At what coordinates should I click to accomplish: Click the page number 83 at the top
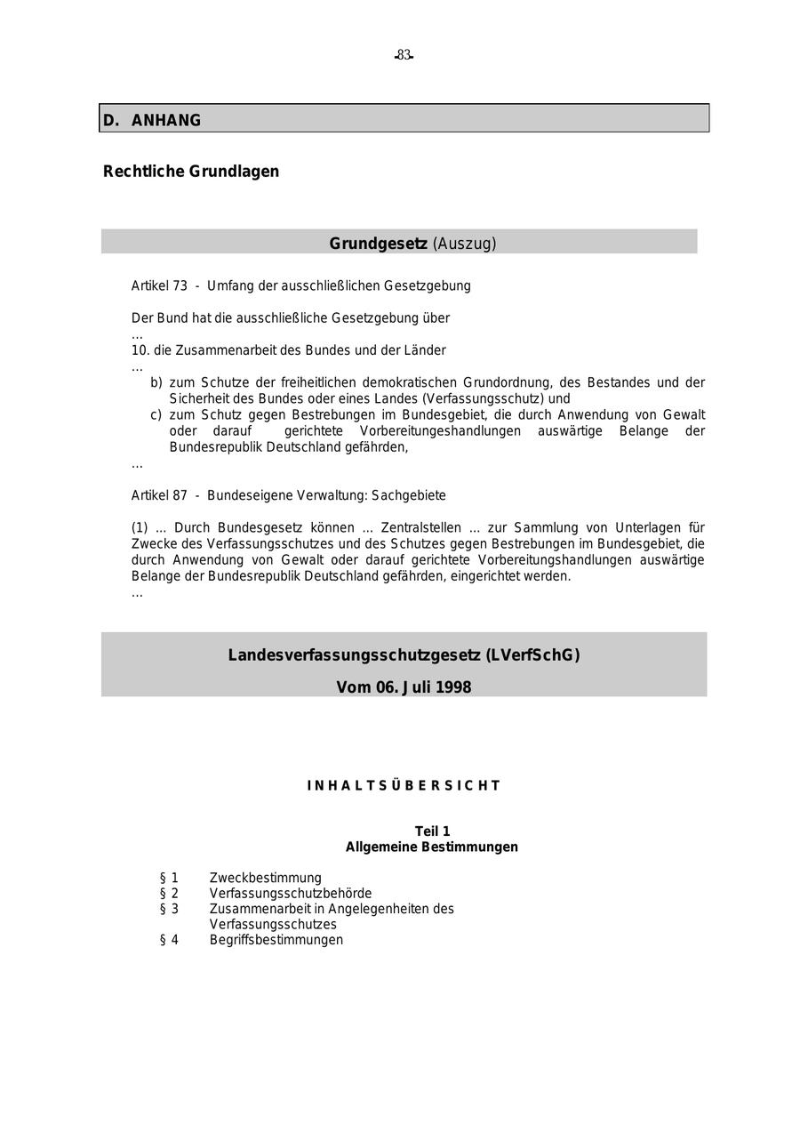[x=404, y=55]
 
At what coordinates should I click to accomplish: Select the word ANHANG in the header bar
[x=166, y=120]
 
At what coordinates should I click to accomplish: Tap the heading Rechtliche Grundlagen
[x=191, y=172]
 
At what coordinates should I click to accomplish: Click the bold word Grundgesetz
[x=378, y=244]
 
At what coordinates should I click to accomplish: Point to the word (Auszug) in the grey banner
[x=464, y=244]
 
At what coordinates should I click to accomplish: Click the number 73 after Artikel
[x=180, y=285]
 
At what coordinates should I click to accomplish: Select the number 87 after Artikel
[x=180, y=495]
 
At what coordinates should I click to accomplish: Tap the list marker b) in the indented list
[x=156, y=382]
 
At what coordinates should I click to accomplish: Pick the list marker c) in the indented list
[x=156, y=414]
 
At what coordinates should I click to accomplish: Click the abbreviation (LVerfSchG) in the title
[x=532, y=655]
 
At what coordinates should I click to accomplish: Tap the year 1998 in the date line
[x=452, y=687]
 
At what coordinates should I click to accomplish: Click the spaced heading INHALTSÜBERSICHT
[x=404, y=786]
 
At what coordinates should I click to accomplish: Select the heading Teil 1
[x=432, y=831]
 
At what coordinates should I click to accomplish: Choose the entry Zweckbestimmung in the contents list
[x=266, y=878]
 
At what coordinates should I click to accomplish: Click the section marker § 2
[x=169, y=893]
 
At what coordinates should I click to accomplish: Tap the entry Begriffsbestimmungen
[x=276, y=940]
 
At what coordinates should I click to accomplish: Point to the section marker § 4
[x=169, y=940]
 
